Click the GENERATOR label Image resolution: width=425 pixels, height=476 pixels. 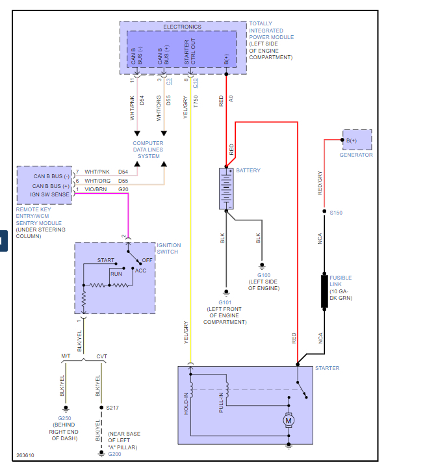click(x=356, y=155)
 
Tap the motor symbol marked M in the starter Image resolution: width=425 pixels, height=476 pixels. click(x=289, y=421)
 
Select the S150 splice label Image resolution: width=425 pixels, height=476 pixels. click(x=336, y=213)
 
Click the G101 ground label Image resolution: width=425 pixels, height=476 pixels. click(x=225, y=302)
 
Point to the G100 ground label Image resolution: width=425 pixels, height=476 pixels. click(x=262, y=276)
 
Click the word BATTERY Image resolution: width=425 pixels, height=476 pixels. click(x=248, y=171)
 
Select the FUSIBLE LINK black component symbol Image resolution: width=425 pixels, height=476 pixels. click(x=324, y=291)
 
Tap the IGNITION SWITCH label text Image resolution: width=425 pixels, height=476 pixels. click(x=169, y=248)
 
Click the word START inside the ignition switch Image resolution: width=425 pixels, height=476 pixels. click(x=106, y=260)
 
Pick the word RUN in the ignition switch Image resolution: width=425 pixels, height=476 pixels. click(x=116, y=274)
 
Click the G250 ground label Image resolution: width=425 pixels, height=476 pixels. click(x=65, y=418)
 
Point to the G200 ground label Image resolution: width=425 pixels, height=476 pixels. click(x=114, y=453)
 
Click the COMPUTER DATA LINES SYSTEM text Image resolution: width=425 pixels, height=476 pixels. click(x=148, y=150)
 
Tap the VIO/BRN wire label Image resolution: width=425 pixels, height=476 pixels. click(x=95, y=189)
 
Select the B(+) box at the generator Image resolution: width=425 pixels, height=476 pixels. click(x=356, y=140)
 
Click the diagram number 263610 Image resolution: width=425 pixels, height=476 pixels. click(x=26, y=455)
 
